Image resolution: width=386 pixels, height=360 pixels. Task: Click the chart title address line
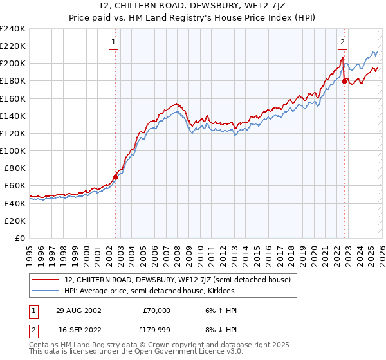click(x=192, y=6)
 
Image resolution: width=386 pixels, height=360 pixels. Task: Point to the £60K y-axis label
click(x=14, y=185)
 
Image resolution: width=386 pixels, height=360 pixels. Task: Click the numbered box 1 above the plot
click(x=113, y=42)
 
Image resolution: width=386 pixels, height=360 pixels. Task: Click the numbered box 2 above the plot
click(x=342, y=42)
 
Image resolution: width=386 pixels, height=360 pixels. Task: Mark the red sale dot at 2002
click(x=116, y=177)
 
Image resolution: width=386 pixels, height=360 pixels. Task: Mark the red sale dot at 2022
click(x=345, y=81)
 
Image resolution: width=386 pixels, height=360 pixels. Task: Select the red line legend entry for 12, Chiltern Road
click(x=178, y=280)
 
